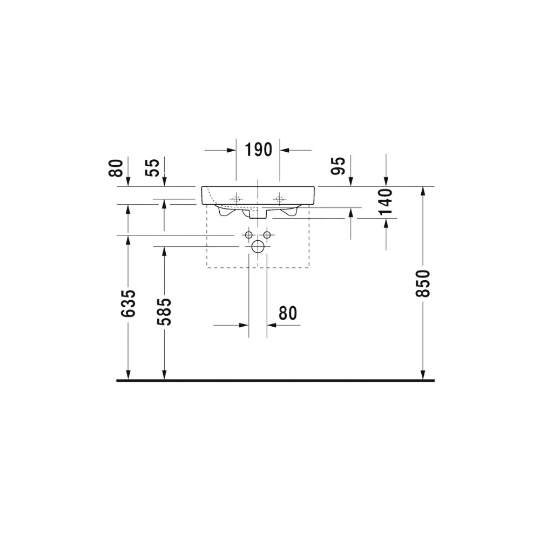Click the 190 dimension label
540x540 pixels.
[258, 150]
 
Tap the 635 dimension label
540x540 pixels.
[129, 303]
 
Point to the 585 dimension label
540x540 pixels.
[164, 312]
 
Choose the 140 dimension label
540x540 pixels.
[386, 201]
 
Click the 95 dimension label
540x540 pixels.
[338, 166]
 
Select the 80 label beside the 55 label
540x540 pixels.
[116, 168]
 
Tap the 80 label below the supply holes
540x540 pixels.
[288, 313]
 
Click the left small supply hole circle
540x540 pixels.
[248, 235]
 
